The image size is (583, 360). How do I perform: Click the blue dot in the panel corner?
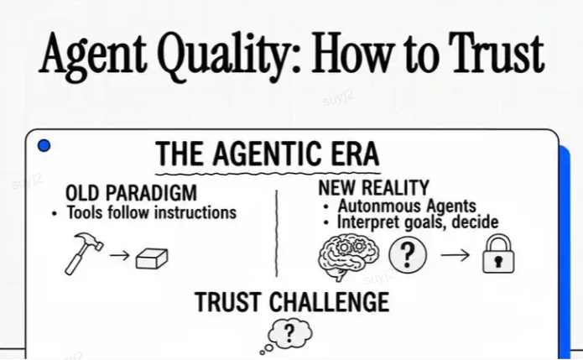(x=44, y=145)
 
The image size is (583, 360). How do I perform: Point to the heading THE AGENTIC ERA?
(x=267, y=155)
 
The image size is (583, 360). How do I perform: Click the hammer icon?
(x=81, y=253)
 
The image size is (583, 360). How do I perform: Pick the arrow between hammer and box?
(x=120, y=255)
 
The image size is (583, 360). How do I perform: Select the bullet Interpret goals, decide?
(x=417, y=222)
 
